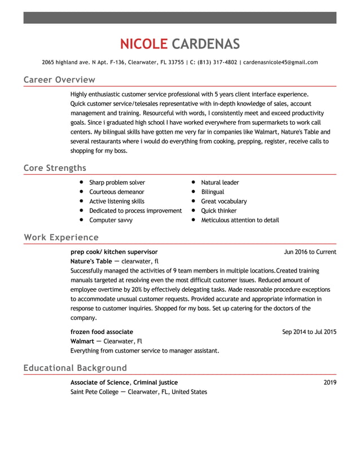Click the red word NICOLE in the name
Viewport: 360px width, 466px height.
(x=143, y=44)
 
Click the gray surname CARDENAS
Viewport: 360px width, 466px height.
(x=205, y=44)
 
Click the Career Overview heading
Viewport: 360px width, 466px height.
(x=59, y=80)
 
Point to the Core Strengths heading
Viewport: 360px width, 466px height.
(x=55, y=168)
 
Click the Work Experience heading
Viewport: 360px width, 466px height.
(x=61, y=237)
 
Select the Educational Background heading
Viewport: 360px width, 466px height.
(x=75, y=368)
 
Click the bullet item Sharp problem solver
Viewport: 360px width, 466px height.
(x=117, y=182)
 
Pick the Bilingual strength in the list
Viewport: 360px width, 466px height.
(x=212, y=192)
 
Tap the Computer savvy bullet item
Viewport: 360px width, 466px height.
(x=111, y=220)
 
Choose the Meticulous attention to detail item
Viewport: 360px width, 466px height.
(x=240, y=220)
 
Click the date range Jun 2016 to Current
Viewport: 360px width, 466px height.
(x=310, y=252)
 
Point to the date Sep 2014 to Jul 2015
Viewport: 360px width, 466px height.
(x=309, y=332)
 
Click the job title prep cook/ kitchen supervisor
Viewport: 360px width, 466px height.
(x=114, y=252)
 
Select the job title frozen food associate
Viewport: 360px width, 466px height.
(x=102, y=332)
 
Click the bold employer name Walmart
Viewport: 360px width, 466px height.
(x=82, y=341)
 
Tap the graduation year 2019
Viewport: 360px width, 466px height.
(x=330, y=383)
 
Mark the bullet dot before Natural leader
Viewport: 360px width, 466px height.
(x=193, y=182)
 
